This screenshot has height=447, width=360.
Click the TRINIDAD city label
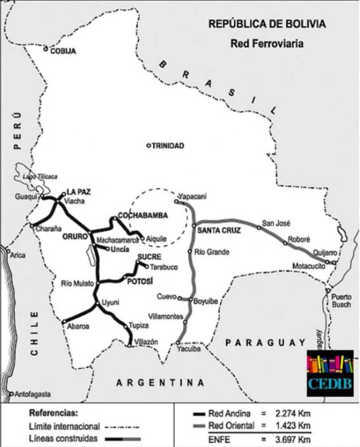[x=168, y=146]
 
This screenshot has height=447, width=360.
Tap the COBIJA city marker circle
[x=46, y=49]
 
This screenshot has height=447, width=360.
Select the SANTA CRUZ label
[x=219, y=231]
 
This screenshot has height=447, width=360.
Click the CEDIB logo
[x=330, y=373]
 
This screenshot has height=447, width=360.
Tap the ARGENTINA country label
[x=160, y=383]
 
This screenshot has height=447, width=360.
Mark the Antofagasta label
[x=33, y=395]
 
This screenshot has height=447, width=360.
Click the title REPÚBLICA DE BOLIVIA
[x=267, y=25]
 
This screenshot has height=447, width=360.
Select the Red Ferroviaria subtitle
[x=267, y=44]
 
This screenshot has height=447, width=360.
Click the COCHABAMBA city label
[x=143, y=215]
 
